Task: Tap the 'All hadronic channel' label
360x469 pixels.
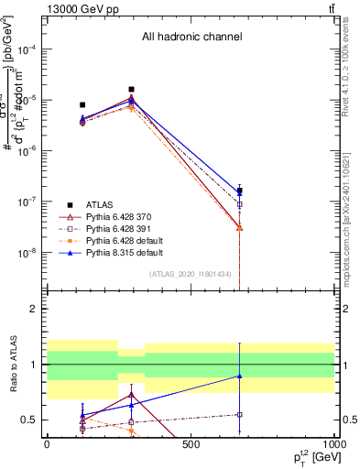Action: click(191, 38)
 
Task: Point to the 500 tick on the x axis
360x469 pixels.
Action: click(191, 444)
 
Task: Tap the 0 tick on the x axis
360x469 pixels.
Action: click(47, 444)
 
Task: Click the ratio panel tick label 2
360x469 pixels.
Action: click(35, 310)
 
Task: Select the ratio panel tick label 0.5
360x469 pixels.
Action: click(31, 420)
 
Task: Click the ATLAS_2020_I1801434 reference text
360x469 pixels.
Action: click(190, 274)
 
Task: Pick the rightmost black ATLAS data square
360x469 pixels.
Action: click(240, 191)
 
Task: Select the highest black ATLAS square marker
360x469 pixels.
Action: click(132, 90)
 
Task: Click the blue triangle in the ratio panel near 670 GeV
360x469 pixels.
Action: click(240, 376)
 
